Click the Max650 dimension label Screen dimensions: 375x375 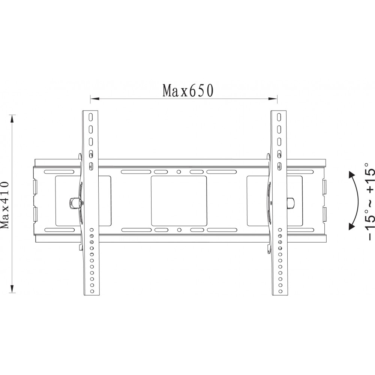[x=188, y=91]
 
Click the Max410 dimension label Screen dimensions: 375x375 [x=4, y=205]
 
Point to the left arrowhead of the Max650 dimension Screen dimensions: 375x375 [x=95, y=99]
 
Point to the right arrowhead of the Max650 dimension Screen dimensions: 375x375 [x=273, y=99]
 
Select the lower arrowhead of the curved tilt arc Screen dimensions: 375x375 [x=352, y=226]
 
